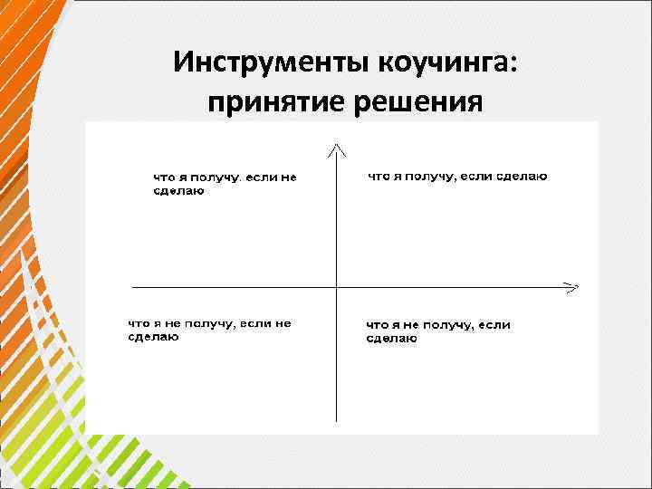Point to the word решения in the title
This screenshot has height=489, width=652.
tap(412, 103)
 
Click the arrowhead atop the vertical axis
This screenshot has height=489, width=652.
tap(337, 147)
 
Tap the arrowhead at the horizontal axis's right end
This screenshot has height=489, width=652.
tap(572, 288)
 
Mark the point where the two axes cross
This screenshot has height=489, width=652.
tap(337, 288)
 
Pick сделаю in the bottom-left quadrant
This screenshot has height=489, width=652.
tap(152, 337)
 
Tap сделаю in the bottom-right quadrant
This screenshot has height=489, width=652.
tap(391, 339)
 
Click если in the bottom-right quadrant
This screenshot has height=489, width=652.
tap(494, 325)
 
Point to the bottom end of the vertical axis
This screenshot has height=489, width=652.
tap(337, 420)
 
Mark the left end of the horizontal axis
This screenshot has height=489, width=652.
tap(133, 288)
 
